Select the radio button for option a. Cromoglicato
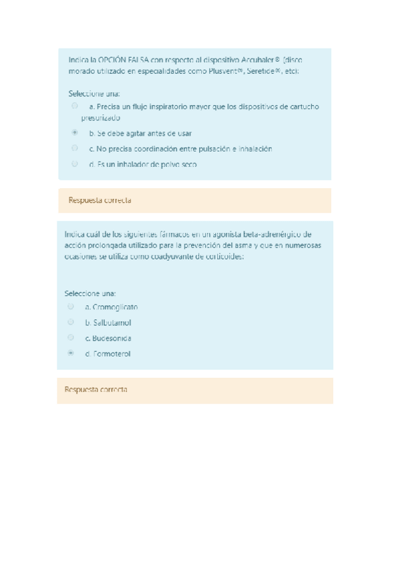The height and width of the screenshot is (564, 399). [x=71, y=307]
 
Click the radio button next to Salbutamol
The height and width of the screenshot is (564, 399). [x=71, y=322]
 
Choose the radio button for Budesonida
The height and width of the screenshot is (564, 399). [x=71, y=338]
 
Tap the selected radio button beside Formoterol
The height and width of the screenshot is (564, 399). [x=71, y=354]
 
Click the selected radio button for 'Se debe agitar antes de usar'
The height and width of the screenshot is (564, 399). [x=75, y=133]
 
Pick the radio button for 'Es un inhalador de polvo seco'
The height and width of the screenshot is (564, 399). [x=75, y=164]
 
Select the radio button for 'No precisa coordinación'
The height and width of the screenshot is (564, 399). [x=75, y=148]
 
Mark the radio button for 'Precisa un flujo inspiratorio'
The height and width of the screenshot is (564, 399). [x=75, y=106]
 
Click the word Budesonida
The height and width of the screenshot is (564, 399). [x=112, y=338]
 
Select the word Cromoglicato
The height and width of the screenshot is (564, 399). [x=115, y=307]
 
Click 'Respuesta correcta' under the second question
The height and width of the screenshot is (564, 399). [x=95, y=390]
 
